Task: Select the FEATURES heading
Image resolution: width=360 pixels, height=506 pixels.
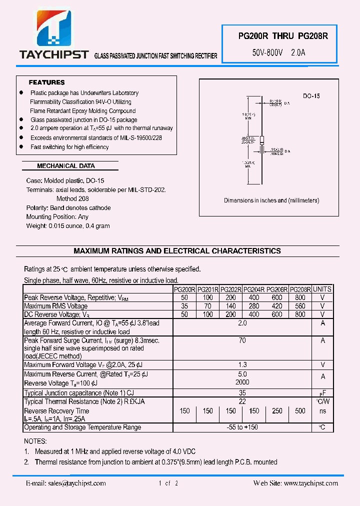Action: pos(46,82)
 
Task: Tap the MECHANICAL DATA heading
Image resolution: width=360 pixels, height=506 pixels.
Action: pos(66,166)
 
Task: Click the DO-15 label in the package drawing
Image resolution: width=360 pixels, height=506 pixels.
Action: pos(311,96)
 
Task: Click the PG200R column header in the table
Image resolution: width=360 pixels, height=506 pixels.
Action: pos(184,289)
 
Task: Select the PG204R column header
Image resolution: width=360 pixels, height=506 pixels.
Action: pos(254,289)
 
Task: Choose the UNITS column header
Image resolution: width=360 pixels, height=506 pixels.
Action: pos(322,289)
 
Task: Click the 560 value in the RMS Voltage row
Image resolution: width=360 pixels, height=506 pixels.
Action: pos(300,306)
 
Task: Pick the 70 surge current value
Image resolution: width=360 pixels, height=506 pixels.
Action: pos(242,340)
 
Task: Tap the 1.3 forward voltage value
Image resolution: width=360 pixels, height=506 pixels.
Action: pos(242,365)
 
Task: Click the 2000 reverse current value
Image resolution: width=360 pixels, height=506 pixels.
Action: pos(242,382)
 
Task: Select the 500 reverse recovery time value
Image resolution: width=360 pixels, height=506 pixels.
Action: pos(300,411)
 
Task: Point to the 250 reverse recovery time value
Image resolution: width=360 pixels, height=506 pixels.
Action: pos(277,411)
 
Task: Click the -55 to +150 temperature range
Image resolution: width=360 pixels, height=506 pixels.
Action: pos(242,427)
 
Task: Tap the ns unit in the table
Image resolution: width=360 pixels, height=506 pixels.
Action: pos(322,411)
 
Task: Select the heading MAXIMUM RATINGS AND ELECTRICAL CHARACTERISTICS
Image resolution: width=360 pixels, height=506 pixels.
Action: pos(177,251)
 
